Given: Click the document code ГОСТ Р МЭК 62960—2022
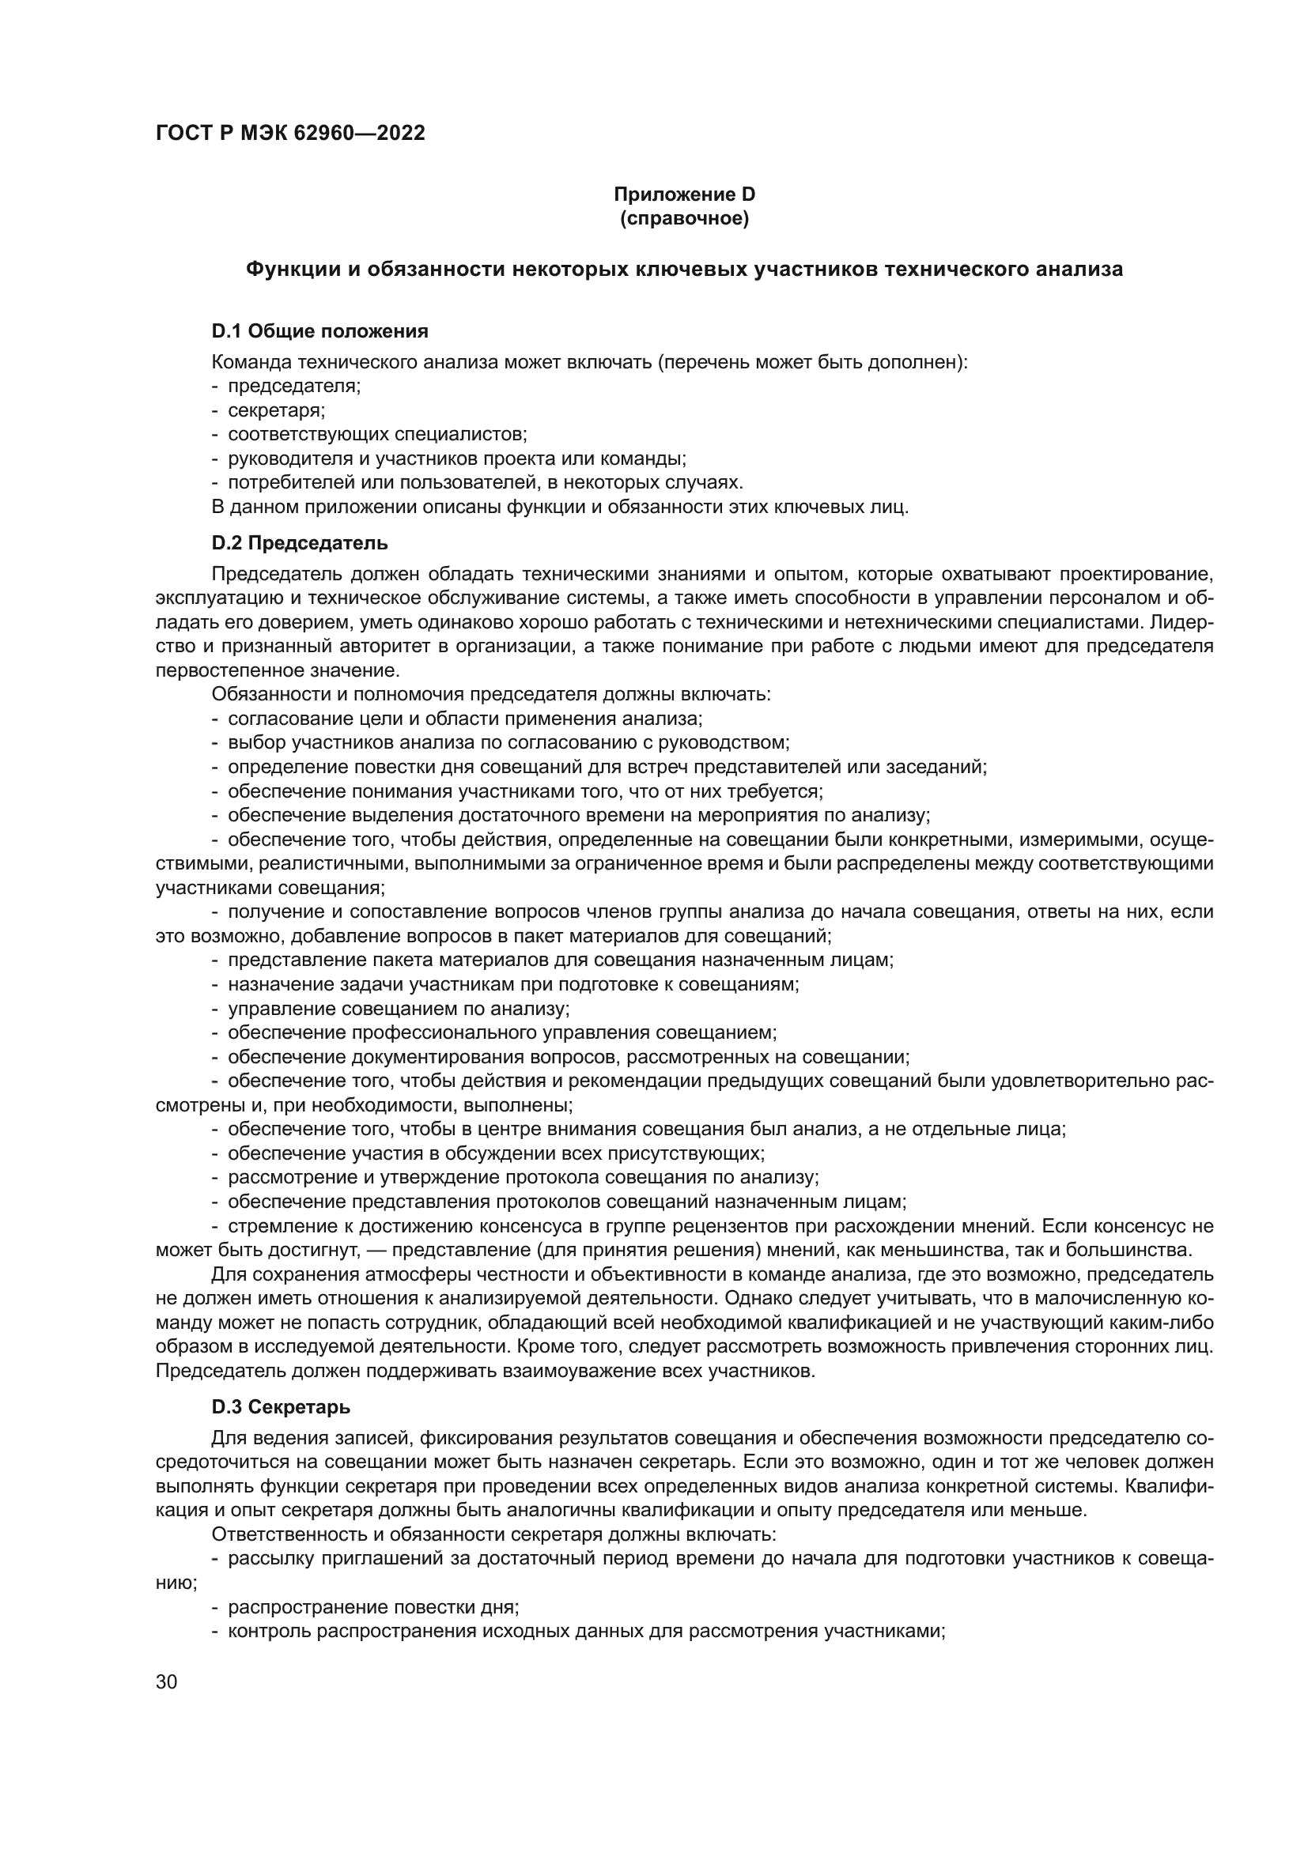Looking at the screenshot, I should (x=290, y=134).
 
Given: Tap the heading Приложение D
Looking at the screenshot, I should (x=684, y=194).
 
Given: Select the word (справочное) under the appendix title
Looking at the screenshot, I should (x=684, y=218).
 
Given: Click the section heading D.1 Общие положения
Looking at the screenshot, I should (x=319, y=331).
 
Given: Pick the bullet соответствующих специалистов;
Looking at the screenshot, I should (x=377, y=434).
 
